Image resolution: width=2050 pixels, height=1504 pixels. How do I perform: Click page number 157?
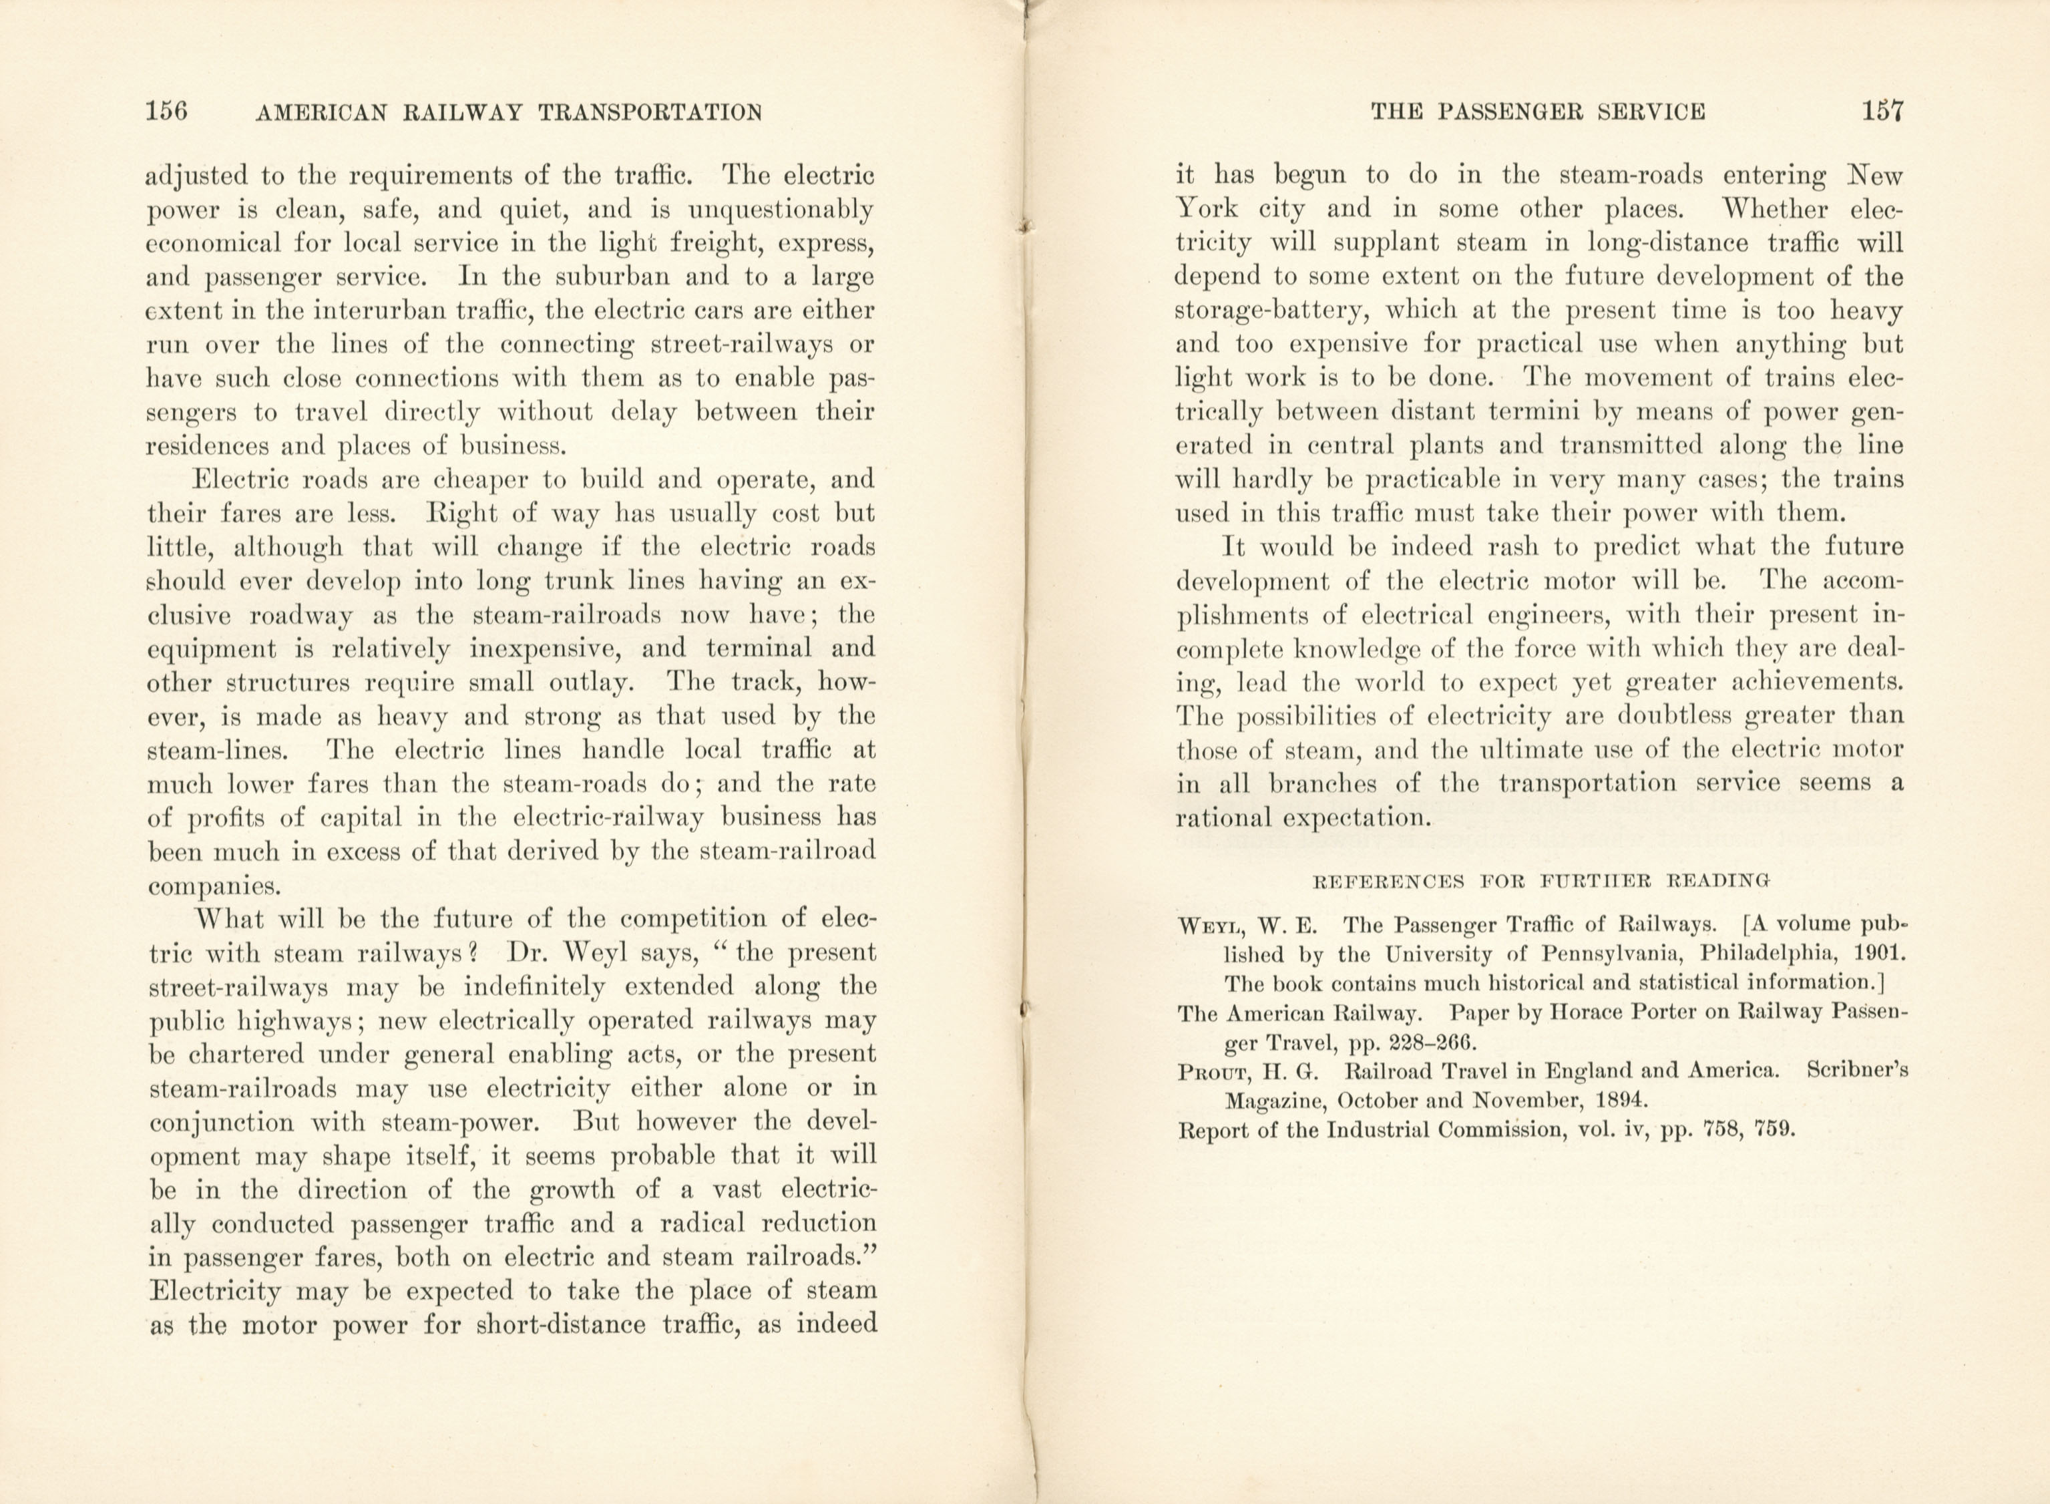1882,112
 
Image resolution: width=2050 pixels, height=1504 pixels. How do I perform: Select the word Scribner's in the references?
1856,1071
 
